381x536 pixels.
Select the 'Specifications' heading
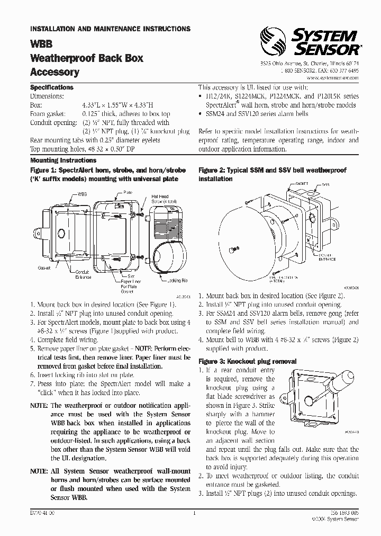click(51, 87)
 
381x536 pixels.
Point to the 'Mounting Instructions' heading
click(62, 159)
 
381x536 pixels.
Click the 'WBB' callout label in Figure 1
click(82, 194)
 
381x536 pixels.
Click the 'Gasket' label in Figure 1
click(44, 269)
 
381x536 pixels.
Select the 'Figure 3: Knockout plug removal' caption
click(247, 361)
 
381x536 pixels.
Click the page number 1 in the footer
click(195, 513)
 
